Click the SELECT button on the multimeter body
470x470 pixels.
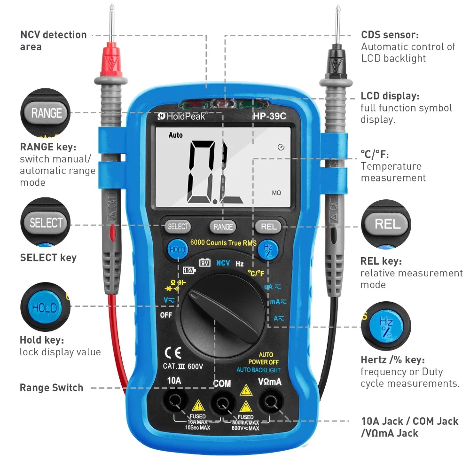[178, 227]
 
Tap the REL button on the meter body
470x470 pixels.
[268, 227]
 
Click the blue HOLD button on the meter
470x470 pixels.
[177, 250]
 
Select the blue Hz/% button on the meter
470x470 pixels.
[268, 250]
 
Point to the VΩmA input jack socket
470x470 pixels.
[270, 401]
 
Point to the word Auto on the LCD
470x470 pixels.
[176, 135]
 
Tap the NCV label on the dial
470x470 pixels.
[223, 263]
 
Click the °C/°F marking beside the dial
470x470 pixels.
[256, 273]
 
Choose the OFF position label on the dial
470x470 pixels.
[166, 315]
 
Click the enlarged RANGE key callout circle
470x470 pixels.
[46, 113]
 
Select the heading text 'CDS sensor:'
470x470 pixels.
[390, 35]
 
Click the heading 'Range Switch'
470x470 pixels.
[51, 388]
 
